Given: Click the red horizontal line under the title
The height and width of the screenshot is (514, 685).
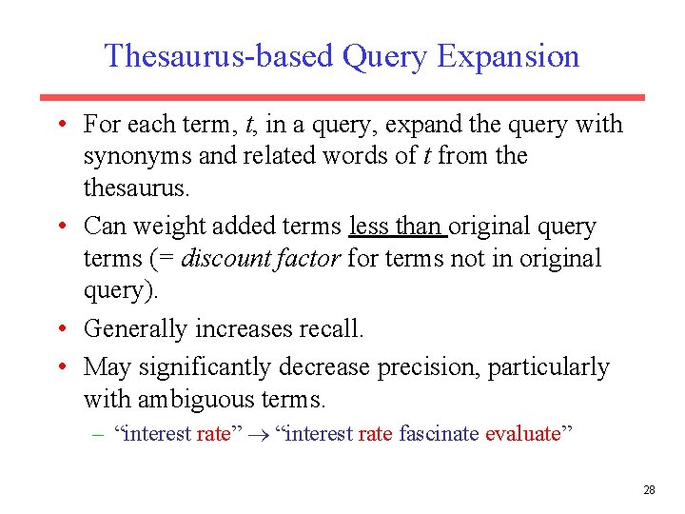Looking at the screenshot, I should [x=342, y=97].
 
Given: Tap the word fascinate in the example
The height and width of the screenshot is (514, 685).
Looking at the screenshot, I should [x=440, y=434].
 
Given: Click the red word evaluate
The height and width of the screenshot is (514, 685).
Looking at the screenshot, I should [x=522, y=434].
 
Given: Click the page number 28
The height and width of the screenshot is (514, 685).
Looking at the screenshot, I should [x=649, y=490].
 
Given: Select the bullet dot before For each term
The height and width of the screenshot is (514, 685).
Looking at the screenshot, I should [x=60, y=125].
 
